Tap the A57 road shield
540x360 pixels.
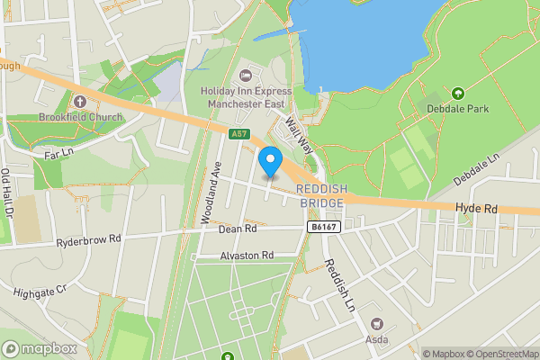(238, 134)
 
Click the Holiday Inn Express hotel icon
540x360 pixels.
(245, 74)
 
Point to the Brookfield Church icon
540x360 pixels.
(79, 101)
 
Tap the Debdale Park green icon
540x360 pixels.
(457, 94)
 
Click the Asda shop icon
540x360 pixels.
(377, 323)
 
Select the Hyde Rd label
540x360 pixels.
(476, 208)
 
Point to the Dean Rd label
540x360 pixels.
(237, 229)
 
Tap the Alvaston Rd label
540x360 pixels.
(247, 256)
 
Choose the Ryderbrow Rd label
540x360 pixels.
(87, 240)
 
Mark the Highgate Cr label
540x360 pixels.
(40, 292)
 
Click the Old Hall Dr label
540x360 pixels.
(8, 194)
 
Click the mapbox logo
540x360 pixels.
(39, 348)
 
